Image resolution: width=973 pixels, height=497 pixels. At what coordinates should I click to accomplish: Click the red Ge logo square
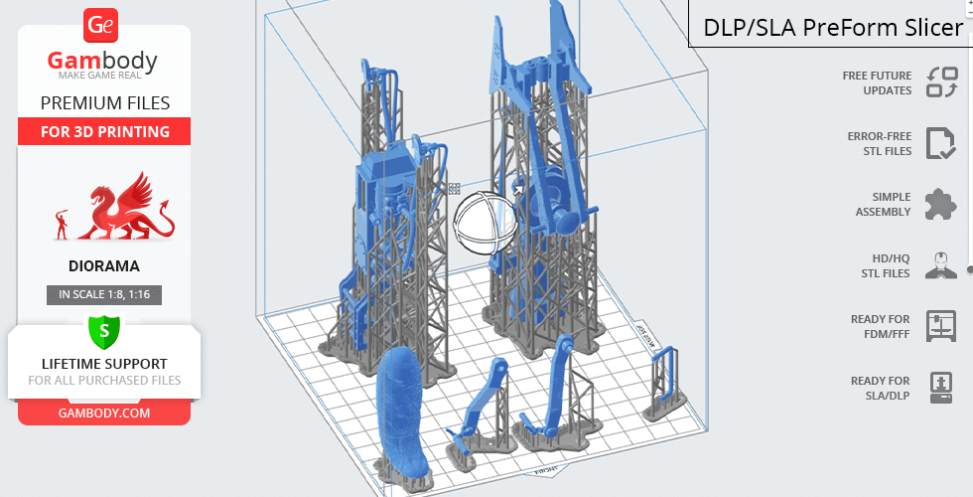[102, 25]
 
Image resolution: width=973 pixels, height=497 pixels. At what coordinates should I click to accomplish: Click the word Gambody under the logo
[103, 62]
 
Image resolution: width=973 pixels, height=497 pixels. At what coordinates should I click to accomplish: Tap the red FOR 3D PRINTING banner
[104, 131]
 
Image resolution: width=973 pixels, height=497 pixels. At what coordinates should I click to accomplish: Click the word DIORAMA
[104, 266]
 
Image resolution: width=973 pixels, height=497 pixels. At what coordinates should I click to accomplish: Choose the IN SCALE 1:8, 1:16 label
[104, 294]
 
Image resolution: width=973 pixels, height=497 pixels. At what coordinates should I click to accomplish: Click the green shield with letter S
[104, 329]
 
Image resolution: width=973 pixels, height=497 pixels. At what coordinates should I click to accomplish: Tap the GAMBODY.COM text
[104, 413]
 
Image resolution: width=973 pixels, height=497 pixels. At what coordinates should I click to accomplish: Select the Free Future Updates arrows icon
[940, 83]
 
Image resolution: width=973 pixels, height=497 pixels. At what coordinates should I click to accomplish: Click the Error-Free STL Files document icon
[940, 143]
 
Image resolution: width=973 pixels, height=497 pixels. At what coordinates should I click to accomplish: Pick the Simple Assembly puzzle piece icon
[940, 205]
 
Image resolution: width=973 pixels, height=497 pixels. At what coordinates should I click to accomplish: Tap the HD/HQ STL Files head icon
[940, 265]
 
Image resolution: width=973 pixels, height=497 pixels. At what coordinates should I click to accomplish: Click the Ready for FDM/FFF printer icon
[940, 326]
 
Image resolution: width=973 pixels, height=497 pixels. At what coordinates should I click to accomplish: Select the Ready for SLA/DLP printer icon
[940, 387]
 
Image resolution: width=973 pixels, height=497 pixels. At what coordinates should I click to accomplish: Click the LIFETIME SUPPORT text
[104, 364]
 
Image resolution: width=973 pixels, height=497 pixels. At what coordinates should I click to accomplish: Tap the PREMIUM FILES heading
[104, 102]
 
